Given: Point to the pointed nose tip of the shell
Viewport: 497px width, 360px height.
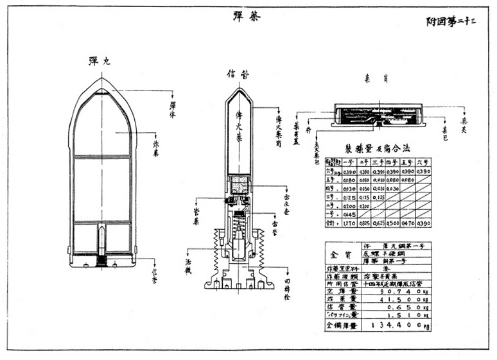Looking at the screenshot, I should (x=103, y=80).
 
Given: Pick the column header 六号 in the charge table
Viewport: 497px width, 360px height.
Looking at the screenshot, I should (x=423, y=162).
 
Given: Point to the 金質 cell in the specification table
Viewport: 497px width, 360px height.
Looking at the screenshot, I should (x=343, y=254).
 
